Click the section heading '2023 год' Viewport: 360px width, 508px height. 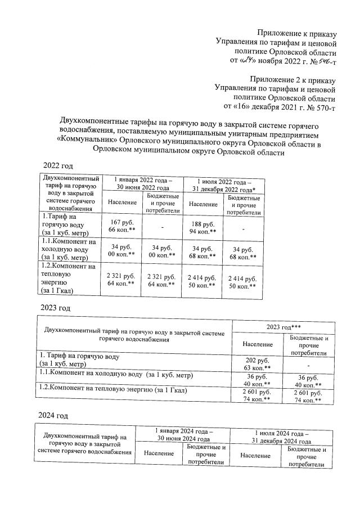[x=55, y=308]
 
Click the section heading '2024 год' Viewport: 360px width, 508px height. [x=55, y=416]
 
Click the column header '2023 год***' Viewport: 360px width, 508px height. [x=283, y=326]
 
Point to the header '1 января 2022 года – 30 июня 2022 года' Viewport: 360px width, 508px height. [x=143, y=183]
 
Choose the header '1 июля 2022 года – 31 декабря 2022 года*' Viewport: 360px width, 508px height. [x=223, y=183]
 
